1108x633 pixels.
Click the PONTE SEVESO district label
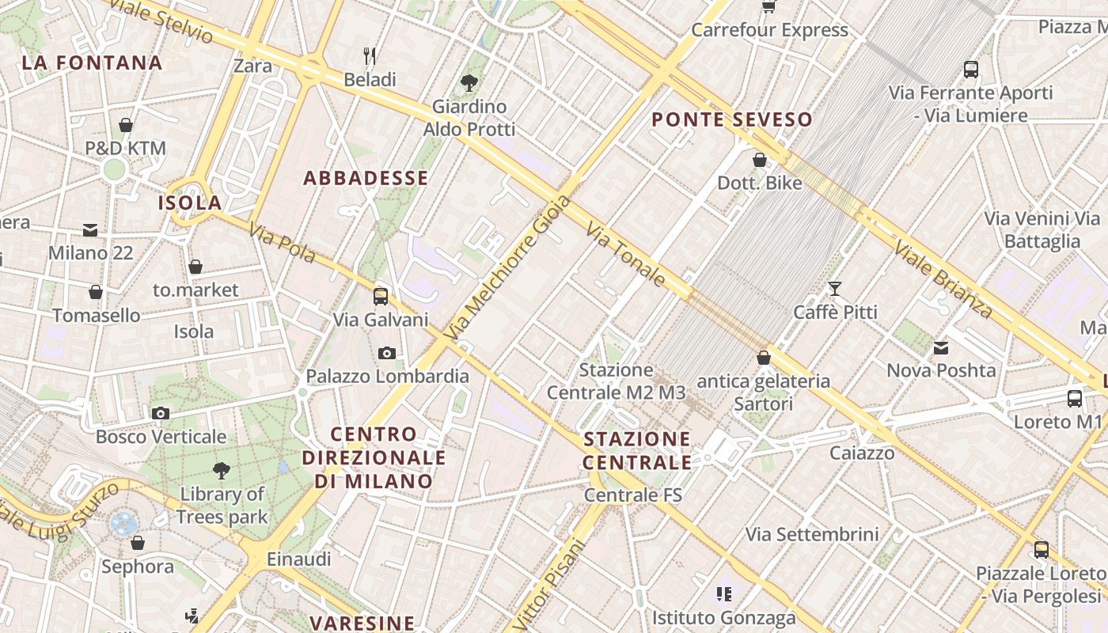tap(732, 119)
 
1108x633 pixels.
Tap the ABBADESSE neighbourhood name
tap(366, 178)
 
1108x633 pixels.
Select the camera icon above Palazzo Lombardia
tap(387, 353)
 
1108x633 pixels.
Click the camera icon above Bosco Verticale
tap(161, 413)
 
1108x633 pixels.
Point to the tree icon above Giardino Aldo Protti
tap(469, 82)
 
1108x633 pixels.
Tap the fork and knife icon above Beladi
tap(370, 55)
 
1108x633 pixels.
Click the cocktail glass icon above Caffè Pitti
tap(835, 289)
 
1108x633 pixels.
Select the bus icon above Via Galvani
tap(381, 297)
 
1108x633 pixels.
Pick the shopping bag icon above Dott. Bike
tap(760, 160)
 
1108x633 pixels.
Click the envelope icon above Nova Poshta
tap(941, 347)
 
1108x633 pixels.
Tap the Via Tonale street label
tap(626, 254)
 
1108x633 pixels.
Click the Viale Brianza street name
tap(943, 280)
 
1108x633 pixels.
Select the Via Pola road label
tap(283, 243)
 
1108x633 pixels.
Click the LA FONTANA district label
tap(92, 63)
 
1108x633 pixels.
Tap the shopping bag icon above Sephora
tap(138, 543)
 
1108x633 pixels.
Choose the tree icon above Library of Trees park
tap(222, 471)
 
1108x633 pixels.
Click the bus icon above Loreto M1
tap(1075, 399)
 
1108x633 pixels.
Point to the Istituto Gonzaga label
tap(723, 617)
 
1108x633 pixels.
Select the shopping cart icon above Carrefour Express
tap(768, 7)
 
